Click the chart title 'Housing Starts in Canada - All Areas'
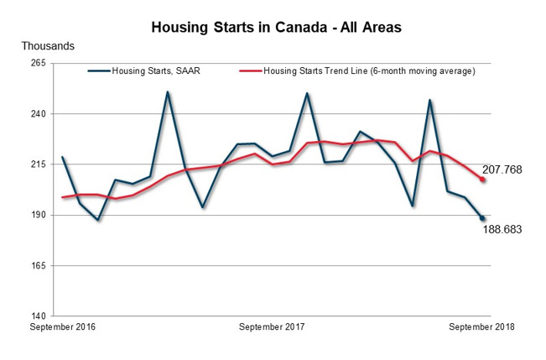click(x=276, y=28)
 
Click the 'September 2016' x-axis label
click(x=63, y=326)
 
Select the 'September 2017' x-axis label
click(x=272, y=326)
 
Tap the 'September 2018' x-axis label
click(x=481, y=326)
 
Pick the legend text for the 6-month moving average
click(x=369, y=71)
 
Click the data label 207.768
click(x=503, y=170)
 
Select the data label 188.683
click(x=503, y=227)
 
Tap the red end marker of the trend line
click(x=482, y=180)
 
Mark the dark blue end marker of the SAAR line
click(x=482, y=218)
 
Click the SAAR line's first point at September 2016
click(x=63, y=158)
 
